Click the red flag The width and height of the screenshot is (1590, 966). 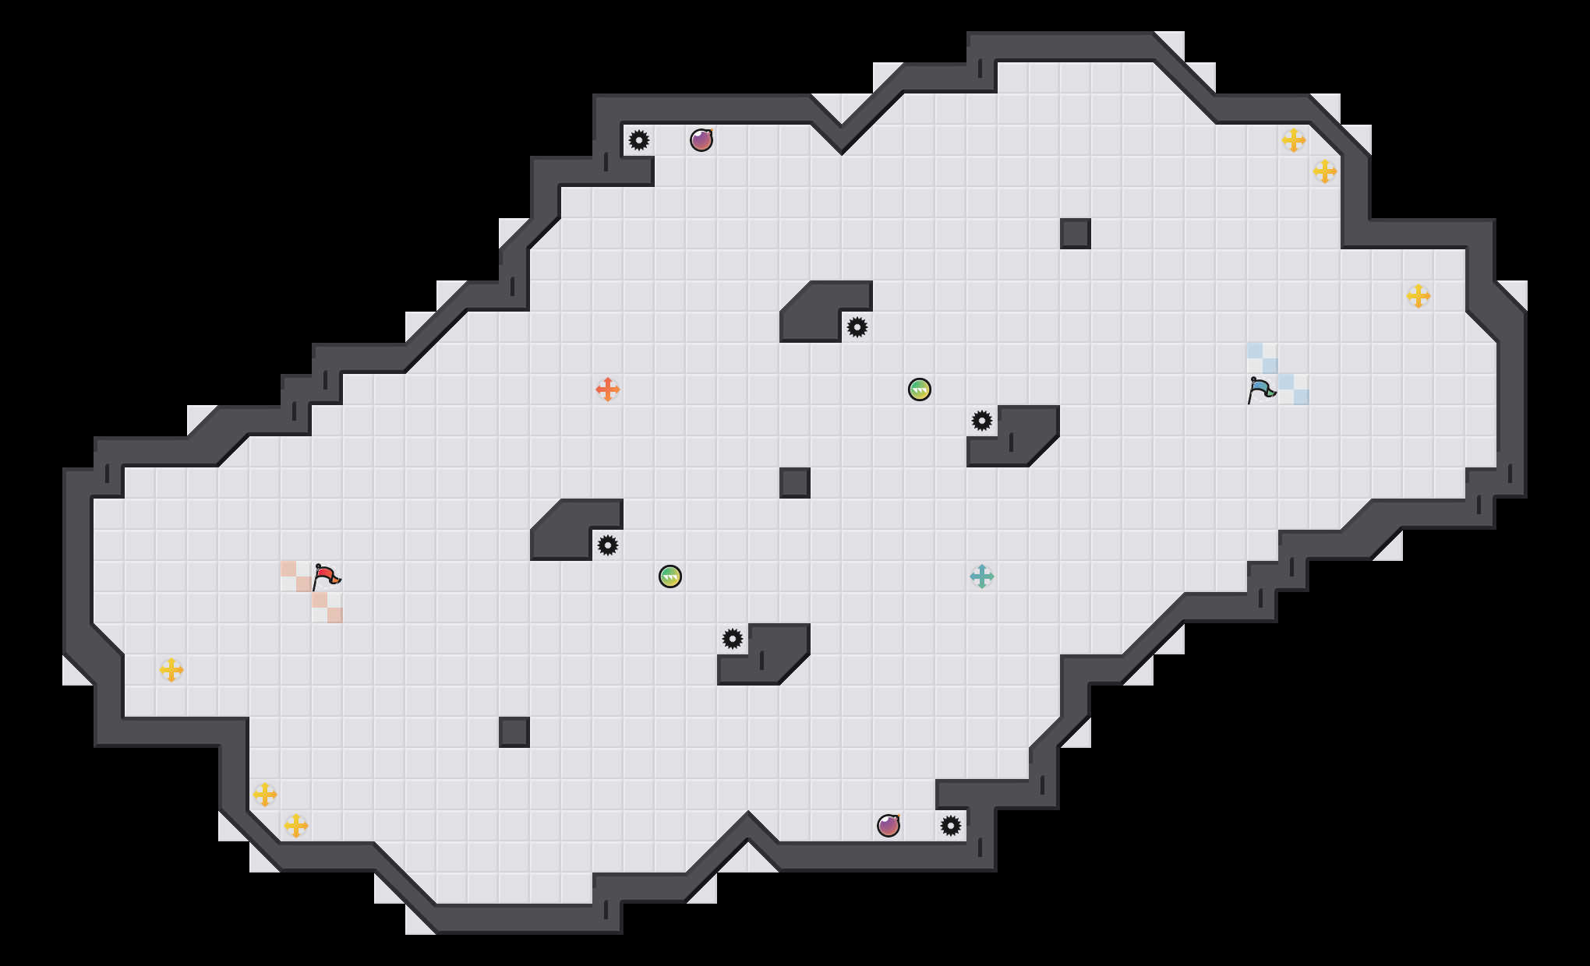coord(326,577)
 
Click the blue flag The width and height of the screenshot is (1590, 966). coord(1261,390)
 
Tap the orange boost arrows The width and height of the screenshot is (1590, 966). coord(608,390)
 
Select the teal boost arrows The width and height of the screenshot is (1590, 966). coord(982,576)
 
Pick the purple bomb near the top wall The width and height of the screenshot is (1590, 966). coord(701,140)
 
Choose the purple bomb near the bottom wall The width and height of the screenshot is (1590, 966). coord(889,826)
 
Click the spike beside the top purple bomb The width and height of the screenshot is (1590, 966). coord(639,140)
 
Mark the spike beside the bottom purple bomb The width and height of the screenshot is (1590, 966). coord(951,826)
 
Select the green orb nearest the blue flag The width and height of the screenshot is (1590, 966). coord(920,390)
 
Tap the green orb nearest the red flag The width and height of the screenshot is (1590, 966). coord(670,576)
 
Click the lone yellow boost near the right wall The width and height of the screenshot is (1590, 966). coord(1419,296)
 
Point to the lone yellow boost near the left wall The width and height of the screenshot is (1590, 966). coord(171,670)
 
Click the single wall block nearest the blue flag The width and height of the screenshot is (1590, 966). coord(1076,234)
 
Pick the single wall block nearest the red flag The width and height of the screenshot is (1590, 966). coord(514,732)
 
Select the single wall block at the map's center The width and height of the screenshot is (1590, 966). coord(795,483)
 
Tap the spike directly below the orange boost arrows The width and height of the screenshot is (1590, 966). coord(608,545)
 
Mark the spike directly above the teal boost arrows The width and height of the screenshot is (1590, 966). coord(982,421)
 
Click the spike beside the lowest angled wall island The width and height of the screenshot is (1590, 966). coord(733,639)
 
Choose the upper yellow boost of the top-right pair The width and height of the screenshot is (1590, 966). coord(1294,140)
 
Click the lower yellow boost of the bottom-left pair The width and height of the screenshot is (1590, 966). coord(296,826)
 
